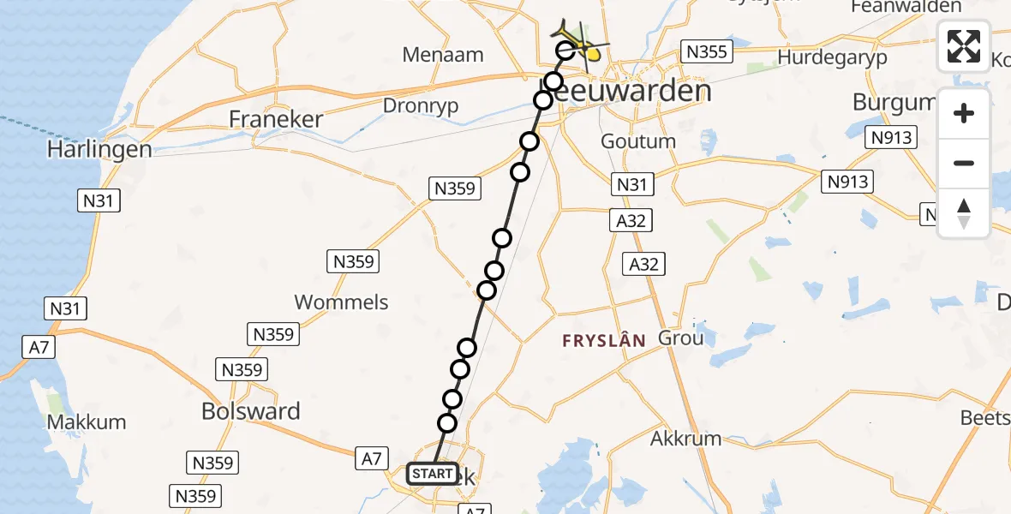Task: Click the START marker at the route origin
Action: tap(433, 474)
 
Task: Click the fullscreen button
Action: tap(964, 45)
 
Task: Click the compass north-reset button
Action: tap(964, 213)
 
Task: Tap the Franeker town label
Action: tap(276, 119)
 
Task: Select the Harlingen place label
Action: tap(99, 149)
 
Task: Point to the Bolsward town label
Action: tap(251, 411)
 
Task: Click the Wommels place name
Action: tap(341, 302)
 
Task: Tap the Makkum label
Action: tap(87, 422)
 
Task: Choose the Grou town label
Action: tap(680, 338)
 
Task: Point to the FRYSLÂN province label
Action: tap(603, 341)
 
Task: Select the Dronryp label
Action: tap(420, 106)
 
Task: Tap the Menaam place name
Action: tap(443, 55)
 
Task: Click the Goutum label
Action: tap(638, 141)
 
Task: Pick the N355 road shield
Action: tap(707, 52)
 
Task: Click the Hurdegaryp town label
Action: tap(833, 58)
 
